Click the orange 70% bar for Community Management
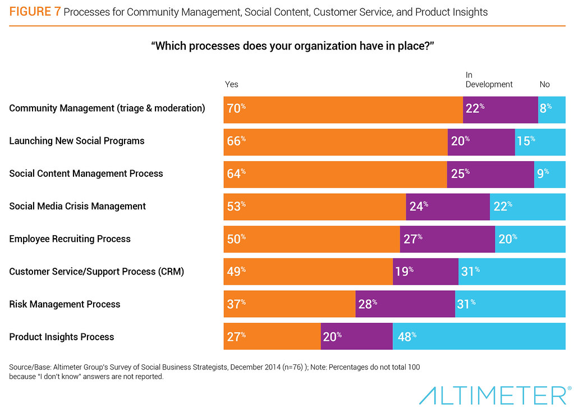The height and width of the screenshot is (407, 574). tap(343, 110)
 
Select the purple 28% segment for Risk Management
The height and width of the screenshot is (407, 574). tap(405, 304)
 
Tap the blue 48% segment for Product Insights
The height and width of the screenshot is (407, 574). tap(479, 336)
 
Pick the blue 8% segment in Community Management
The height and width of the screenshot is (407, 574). tap(552, 110)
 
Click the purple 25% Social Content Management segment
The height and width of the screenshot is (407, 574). tap(490, 175)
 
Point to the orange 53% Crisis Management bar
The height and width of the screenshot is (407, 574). tap(315, 207)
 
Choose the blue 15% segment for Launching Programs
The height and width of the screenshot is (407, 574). tap(540, 142)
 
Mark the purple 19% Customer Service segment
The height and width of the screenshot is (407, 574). tap(425, 272)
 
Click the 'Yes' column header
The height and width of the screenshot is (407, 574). tap(231, 85)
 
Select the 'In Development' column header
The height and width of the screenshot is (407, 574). tap(489, 80)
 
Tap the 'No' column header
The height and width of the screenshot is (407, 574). tap(545, 85)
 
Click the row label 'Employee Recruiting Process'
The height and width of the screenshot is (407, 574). tap(70, 239)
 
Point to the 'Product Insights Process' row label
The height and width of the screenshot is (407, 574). tap(62, 337)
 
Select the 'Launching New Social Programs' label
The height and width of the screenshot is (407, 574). tap(77, 141)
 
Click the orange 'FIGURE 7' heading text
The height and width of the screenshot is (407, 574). tap(35, 12)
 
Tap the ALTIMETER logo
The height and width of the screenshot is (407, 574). tap(495, 395)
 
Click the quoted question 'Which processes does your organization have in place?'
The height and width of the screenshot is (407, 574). tap(292, 46)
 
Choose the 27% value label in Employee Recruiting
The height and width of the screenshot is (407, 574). tap(413, 239)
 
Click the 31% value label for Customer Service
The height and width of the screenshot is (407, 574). tap(470, 272)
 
